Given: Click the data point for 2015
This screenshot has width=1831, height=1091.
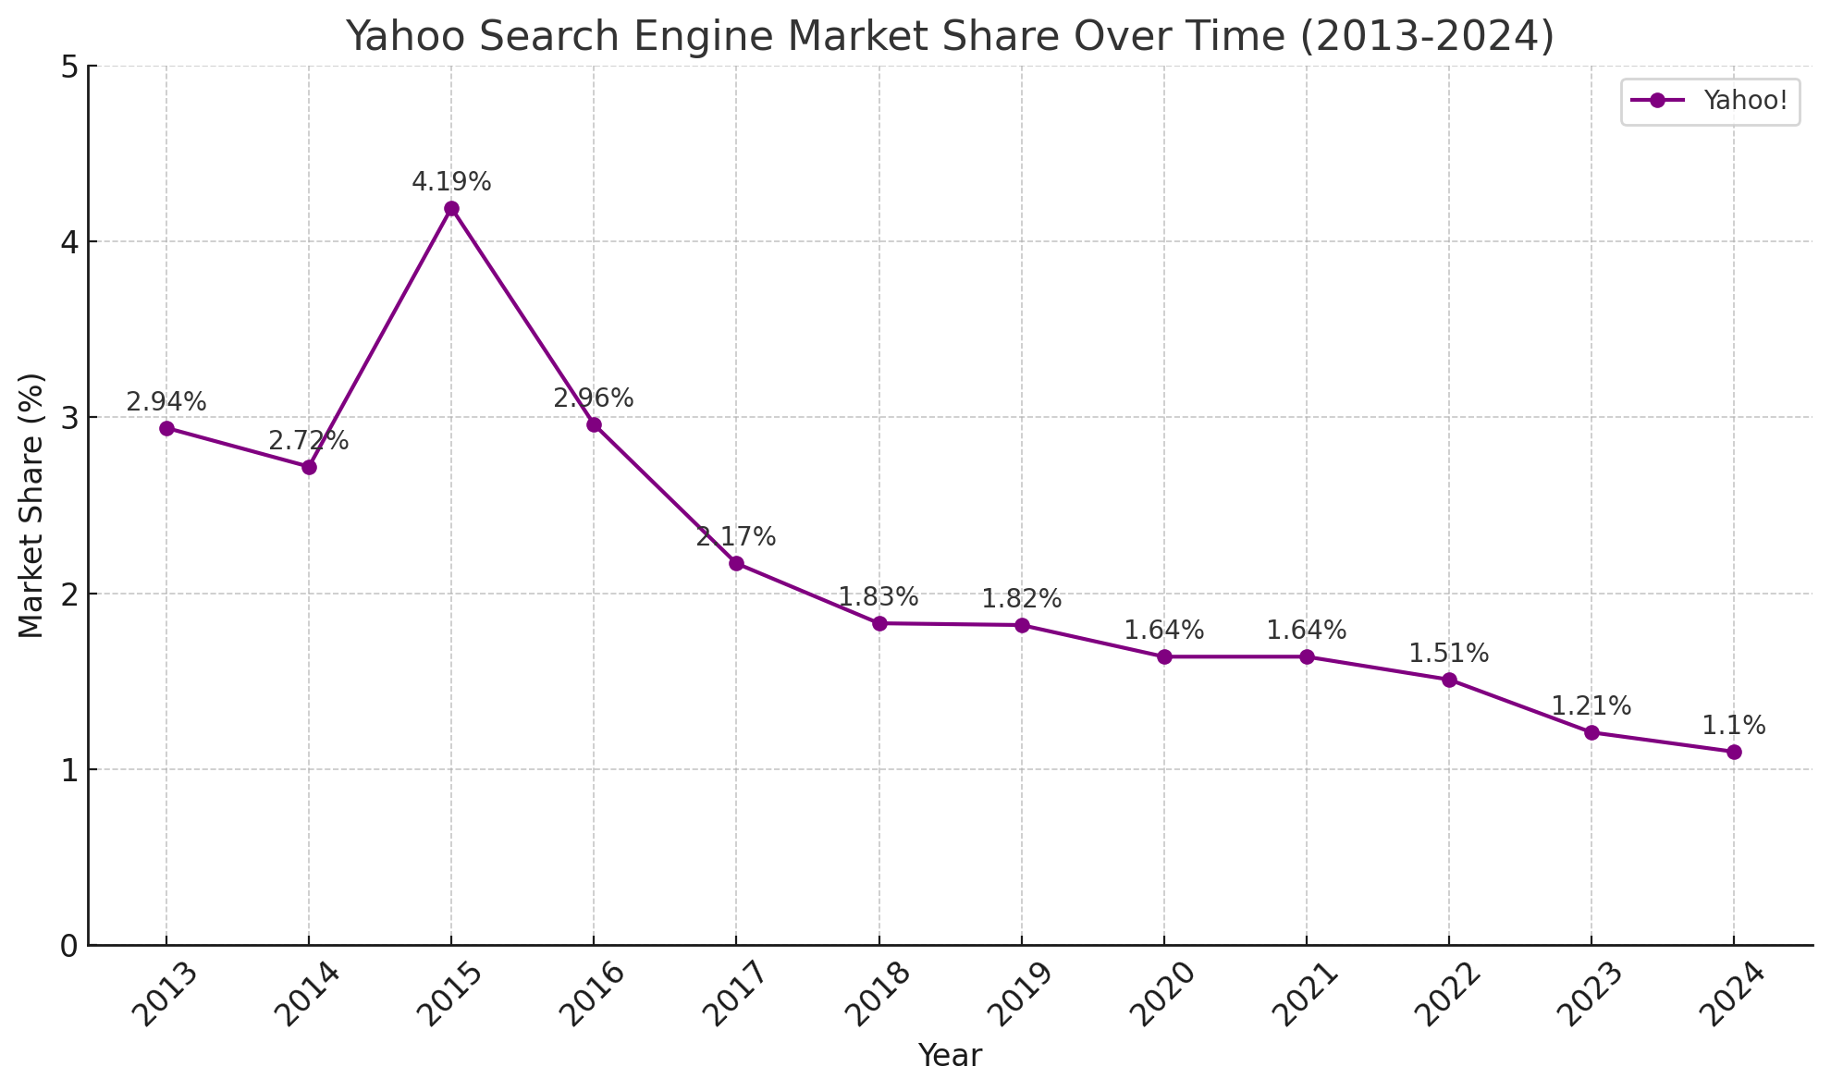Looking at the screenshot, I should click(451, 209).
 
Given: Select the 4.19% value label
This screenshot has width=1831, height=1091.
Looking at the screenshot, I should click(451, 182).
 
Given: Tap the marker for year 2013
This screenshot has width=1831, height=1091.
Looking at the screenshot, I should click(166, 428).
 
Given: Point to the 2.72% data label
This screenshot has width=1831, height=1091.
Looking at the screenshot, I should click(309, 441).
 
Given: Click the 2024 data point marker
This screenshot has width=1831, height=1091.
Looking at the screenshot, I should click(1734, 752).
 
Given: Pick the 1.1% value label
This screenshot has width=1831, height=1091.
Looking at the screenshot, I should click(1734, 726).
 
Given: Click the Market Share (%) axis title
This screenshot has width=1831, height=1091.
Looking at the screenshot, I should click(31, 506).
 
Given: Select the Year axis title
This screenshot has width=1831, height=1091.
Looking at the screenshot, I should click(950, 1056).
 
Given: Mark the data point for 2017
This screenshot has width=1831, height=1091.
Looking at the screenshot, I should click(736, 564).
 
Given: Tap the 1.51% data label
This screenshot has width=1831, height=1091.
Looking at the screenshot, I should click(1449, 654).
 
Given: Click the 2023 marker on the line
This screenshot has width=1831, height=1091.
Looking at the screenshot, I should click(1591, 732).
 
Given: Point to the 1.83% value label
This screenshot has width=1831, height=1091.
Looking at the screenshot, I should click(879, 597).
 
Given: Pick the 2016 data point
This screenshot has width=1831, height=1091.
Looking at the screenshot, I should click(594, 425).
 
